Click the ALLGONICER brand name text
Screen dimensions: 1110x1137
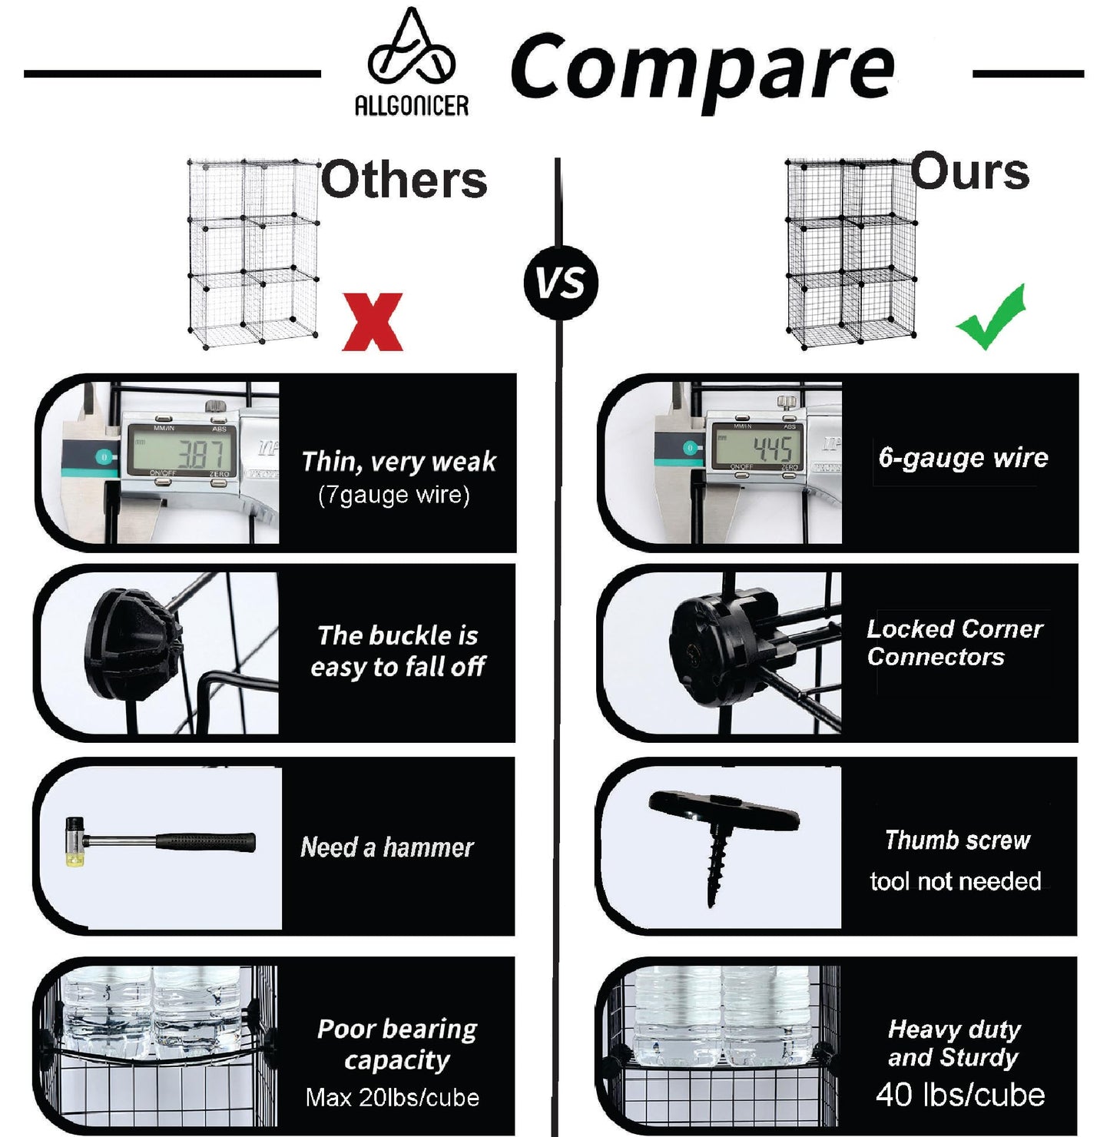[412, 106]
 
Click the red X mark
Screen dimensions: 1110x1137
[372, 321]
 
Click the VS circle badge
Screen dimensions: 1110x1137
[562, 283]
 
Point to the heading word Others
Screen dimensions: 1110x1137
[404, 179]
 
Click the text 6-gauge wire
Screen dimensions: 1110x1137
[963, 457]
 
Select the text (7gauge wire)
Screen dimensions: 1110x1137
[394, 495]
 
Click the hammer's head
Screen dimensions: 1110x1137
[75, 841]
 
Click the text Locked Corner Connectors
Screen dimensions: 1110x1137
[955, 643]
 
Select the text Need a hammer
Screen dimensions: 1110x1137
[386, 847]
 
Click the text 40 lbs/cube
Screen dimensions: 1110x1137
[960, 1094]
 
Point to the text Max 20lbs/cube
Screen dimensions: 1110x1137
[392, 1098]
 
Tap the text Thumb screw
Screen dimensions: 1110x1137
[958, 840]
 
